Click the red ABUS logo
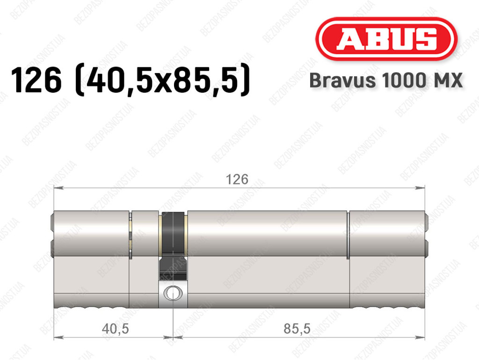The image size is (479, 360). point(386,39)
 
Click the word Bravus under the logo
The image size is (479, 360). point(342,81)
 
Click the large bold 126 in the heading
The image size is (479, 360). point(36,81)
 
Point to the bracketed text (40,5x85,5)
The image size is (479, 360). point(162,81)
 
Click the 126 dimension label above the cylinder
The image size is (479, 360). point(237,179)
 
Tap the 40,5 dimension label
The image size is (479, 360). point(115,329)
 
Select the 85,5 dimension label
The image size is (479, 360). point(297,329)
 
